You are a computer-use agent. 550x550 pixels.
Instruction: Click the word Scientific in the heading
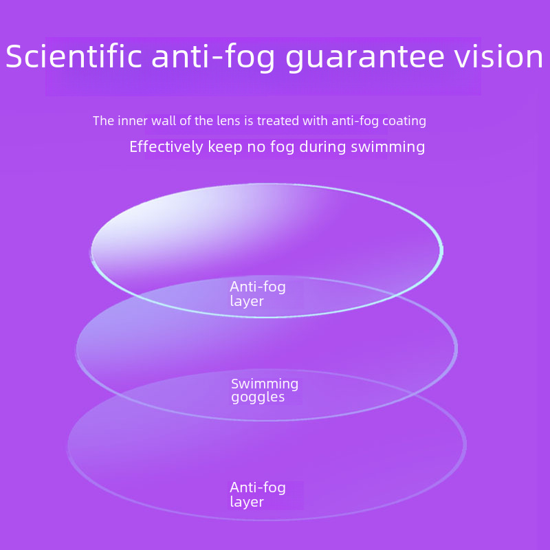tap(74, 56)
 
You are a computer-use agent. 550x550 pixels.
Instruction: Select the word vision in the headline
tap(499, 56)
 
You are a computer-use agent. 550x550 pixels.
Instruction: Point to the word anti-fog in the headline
tap(213, 58)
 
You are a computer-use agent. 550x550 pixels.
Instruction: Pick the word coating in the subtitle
tap(404, 122)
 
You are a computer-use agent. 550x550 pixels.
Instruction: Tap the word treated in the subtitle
tap(278, 121)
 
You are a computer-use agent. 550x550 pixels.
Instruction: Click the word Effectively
tap(166, 146)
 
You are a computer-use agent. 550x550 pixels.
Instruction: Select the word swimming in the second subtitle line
tap(388, 147)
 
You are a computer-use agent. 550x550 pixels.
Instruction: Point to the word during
tap(322, 147)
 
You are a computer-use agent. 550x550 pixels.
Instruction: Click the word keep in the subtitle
tap(225, 147)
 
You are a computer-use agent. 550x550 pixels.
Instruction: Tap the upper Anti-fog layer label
tap(258, 294)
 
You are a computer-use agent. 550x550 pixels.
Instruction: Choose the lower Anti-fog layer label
tap(258, 494)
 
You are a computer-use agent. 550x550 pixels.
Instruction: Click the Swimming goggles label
tap(265, 390)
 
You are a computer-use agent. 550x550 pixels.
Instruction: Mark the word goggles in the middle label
tap(258, 398)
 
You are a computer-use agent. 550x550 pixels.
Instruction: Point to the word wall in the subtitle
tap(164, 121)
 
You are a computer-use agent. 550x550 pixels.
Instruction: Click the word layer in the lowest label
tap(247, 503)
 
